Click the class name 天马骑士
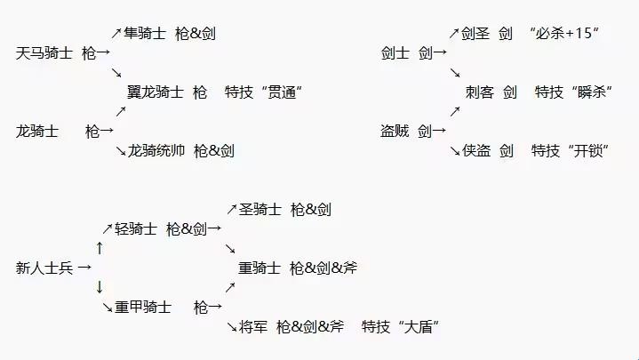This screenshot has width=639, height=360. (x=44, y=52)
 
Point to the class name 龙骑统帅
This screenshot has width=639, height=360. (x=156, y=150)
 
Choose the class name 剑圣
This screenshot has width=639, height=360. (x=476, y=34)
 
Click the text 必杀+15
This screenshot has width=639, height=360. (x=563, y=34)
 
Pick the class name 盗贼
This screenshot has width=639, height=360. (x=395, y=131)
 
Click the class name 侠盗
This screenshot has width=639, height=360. (x=476, y=151)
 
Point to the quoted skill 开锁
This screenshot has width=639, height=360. (x=583, y=151)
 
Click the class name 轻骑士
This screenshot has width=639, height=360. (x=136, y=229)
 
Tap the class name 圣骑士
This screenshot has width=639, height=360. (x=260, y=210)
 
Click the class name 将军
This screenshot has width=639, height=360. (x=254, y=327)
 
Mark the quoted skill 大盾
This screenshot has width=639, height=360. (x=419, y=327)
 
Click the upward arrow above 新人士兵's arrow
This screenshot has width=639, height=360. (x=100, y=247)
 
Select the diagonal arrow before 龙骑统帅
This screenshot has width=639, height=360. (x=121, y=150)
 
